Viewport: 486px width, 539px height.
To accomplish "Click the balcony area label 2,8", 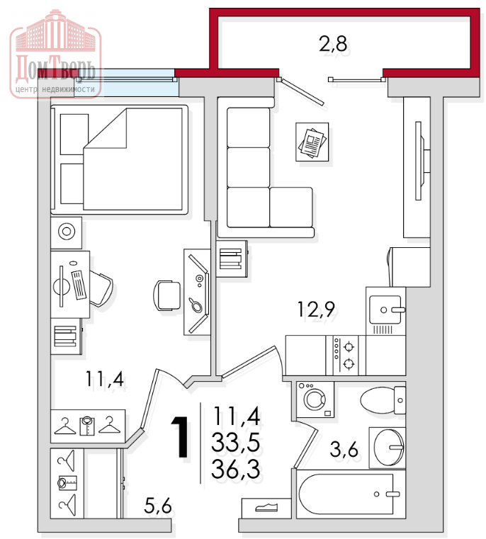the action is [332, 44].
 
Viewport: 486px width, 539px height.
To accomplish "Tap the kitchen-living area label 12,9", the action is [316, 309].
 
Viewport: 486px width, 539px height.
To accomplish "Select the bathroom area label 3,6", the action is [344, 449].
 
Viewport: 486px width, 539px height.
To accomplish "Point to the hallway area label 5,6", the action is [157, 505].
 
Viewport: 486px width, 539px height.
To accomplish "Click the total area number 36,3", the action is [236, 469].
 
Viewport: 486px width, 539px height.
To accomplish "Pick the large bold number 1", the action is [181, 437].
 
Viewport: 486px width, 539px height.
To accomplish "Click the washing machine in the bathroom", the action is [315, 399].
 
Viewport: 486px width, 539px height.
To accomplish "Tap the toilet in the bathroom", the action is [383, 400].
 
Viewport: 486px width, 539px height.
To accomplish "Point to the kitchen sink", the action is [385, 310].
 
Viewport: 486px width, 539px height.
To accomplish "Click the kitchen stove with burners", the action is [345, 355].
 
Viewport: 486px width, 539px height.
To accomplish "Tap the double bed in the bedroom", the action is [119, 159].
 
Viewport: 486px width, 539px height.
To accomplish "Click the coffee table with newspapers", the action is [312, 142].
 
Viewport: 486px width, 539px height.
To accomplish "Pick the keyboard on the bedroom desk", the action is [79, 285].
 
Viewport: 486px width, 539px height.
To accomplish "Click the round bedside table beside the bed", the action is [67, 233].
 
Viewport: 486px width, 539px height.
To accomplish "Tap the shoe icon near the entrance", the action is [266, 507].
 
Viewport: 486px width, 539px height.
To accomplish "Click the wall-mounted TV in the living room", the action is [419, 161].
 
